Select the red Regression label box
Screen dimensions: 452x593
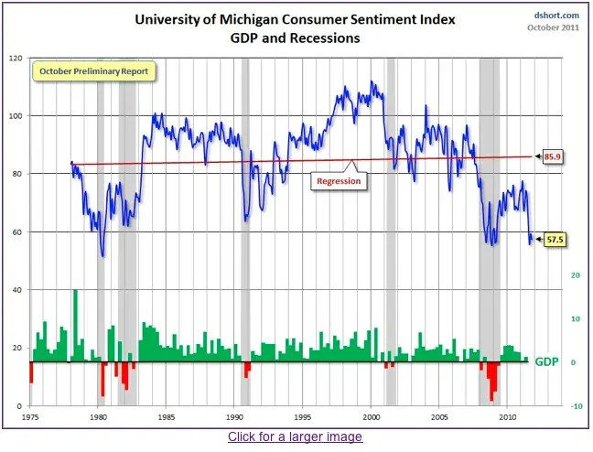(x=339, y=181)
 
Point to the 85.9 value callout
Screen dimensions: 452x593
(x=552, y=156)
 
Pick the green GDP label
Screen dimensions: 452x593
(x=546, y=362)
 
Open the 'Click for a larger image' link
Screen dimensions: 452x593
(x=295, y=436)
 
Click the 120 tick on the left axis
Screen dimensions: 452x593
(x=15, y=58)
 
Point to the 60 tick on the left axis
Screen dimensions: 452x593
(x=16, y=231)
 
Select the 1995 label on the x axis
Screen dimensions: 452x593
(x=303, y=416)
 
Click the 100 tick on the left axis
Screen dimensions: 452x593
(x=15, y=116)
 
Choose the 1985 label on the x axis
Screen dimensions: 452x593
(x=167, y=416)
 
